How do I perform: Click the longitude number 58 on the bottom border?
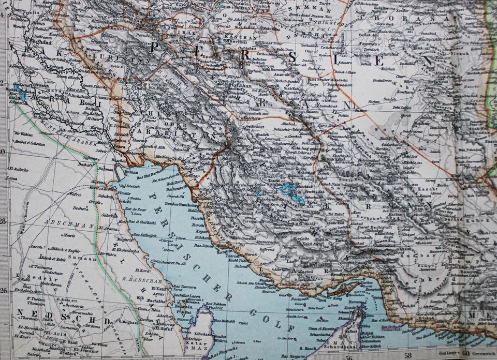[x=408, y=355]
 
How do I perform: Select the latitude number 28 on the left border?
[x=4, y=221]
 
